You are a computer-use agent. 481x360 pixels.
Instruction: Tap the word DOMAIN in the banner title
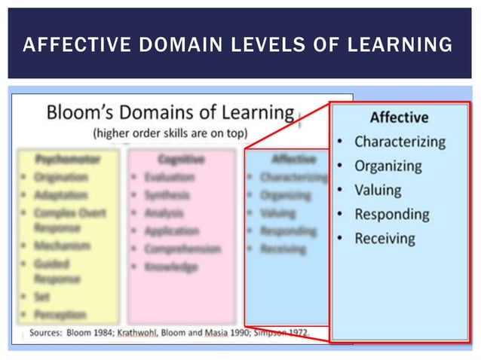[170, 45]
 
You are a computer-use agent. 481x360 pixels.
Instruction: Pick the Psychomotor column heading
[67, 159]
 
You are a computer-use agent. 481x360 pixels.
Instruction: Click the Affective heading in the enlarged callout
[399, 117]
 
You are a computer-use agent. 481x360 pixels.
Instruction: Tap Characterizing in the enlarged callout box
[400, 142]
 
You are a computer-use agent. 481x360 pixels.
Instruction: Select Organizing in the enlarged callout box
[388, 166]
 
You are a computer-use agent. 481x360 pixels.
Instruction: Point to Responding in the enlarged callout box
[391, 215]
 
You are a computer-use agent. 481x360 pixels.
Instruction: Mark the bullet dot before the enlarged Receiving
[341, 239]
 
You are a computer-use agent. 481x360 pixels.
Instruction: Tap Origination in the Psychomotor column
[60, 177]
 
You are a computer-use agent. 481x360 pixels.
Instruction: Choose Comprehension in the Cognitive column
[182, 249]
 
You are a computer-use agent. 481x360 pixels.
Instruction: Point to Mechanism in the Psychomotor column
[61, 246]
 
